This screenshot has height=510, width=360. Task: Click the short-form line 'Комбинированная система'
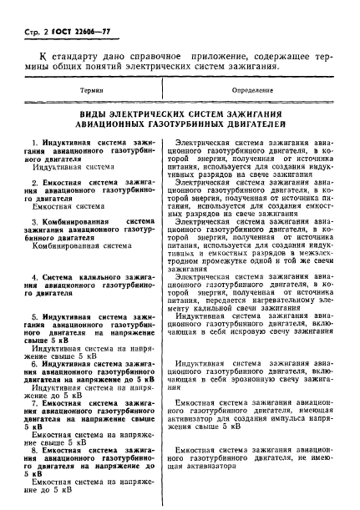coord(82,247)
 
